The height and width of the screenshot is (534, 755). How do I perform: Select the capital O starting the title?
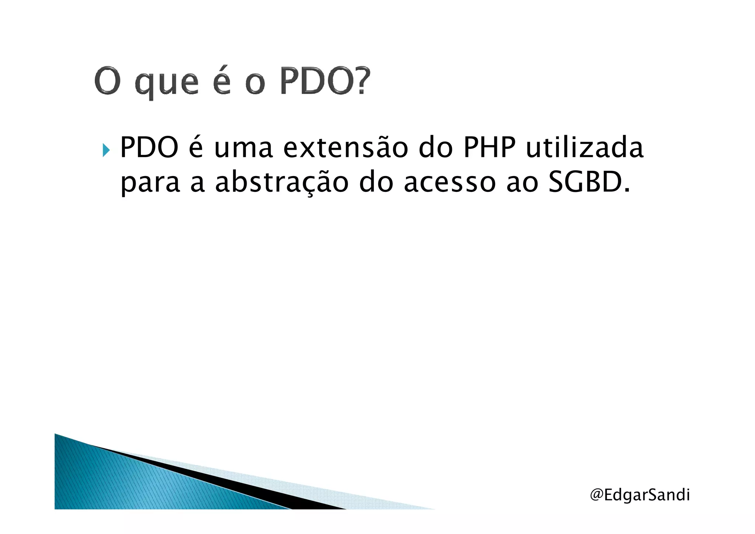(x=107, y=81)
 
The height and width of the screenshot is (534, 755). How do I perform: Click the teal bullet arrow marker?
(x=106, y=150)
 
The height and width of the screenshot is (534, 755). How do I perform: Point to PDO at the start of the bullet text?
(x=149, y=148)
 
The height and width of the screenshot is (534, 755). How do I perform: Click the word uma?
(x=243, y=148)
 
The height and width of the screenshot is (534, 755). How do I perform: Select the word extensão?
(x=346, y=148)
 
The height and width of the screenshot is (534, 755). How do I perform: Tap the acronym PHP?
(x=489, y=148)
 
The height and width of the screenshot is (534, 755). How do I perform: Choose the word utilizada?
(x=585, y=148)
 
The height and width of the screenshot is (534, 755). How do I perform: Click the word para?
(x=150, y=184)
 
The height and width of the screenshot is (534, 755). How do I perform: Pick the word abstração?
(x=282, y=183)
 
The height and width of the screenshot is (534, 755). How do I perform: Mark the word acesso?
(x=450, y=184)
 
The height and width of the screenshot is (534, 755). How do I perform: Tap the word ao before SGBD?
(x=522, y=184)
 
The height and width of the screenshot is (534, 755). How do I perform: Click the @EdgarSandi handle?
(x=640, y=495)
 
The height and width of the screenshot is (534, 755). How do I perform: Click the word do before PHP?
(x=435, y=148)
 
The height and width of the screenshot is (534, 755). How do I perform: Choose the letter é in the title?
(x=222, y=81)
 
